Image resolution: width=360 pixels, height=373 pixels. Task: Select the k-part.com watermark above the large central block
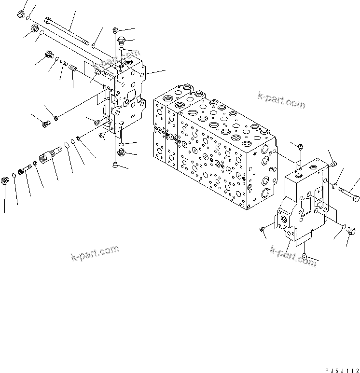(281, 100)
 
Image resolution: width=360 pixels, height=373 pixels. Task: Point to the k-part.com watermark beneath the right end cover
(293, 255)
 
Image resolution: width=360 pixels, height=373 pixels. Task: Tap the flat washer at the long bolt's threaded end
(93, 46)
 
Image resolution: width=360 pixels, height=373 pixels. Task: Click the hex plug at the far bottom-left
(6, 181)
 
